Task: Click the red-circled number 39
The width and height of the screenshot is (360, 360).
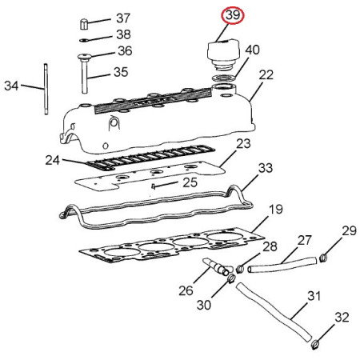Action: (x=233, y=15)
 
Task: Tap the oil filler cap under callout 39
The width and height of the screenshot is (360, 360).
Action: (x=223, y=54)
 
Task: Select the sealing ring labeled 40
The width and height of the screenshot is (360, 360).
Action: (x=224, y=78)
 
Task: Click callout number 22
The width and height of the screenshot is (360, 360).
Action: (x=266, y=75)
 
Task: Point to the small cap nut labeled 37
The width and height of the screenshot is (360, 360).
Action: (x=84, y=24)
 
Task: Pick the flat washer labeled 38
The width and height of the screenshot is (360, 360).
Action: (x=84, y=40)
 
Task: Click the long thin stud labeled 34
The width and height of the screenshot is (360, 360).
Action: (x=46, y=89)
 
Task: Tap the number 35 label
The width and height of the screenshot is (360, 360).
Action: (x=121, y=72)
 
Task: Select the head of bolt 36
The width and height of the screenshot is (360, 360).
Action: (x=85, y=56)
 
